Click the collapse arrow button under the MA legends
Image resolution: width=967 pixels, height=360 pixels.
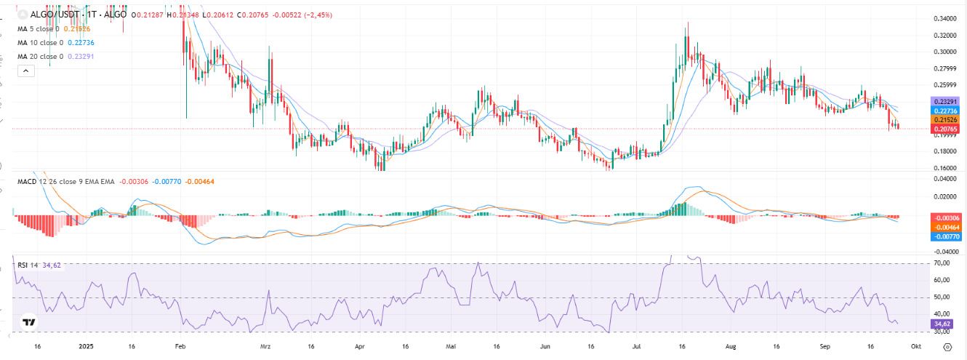tap(26, 71)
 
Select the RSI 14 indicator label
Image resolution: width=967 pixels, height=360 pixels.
tap(28, 265)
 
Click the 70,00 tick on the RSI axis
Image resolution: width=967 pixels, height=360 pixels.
tap(943, 263)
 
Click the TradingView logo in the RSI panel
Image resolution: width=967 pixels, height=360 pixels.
tap(28, 322)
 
